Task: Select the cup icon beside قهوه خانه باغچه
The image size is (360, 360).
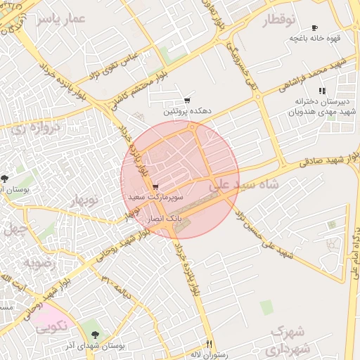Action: point(314,27)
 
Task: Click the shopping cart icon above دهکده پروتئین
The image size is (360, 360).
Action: point(187,101)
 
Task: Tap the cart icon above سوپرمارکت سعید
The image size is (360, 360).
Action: point(155,187)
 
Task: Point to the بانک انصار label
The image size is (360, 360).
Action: point(164,219)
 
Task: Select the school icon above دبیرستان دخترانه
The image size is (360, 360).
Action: point(322,91)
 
